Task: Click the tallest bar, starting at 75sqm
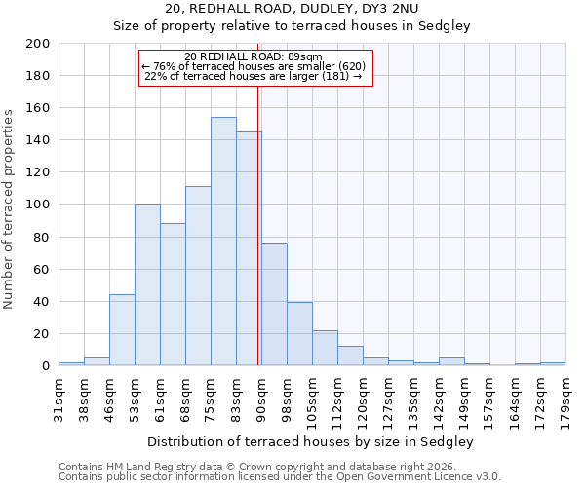point(223,242)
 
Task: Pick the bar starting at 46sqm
point(122,330)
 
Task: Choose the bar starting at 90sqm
point(274,304)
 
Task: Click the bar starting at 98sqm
point(299,334)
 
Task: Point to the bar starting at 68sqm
point(198,276)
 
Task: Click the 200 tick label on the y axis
point(38,44)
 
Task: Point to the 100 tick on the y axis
point(38,205)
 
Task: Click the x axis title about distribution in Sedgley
point(310,441)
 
